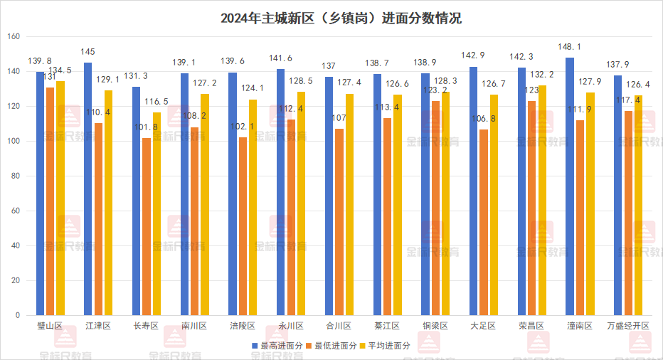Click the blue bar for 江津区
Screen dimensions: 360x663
click(x=88, y=189)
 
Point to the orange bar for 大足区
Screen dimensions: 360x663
click(x=484, y=222)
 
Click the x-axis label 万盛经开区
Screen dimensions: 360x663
click(x=628, y=326)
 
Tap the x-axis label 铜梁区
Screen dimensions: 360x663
click(x=435, y=326)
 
